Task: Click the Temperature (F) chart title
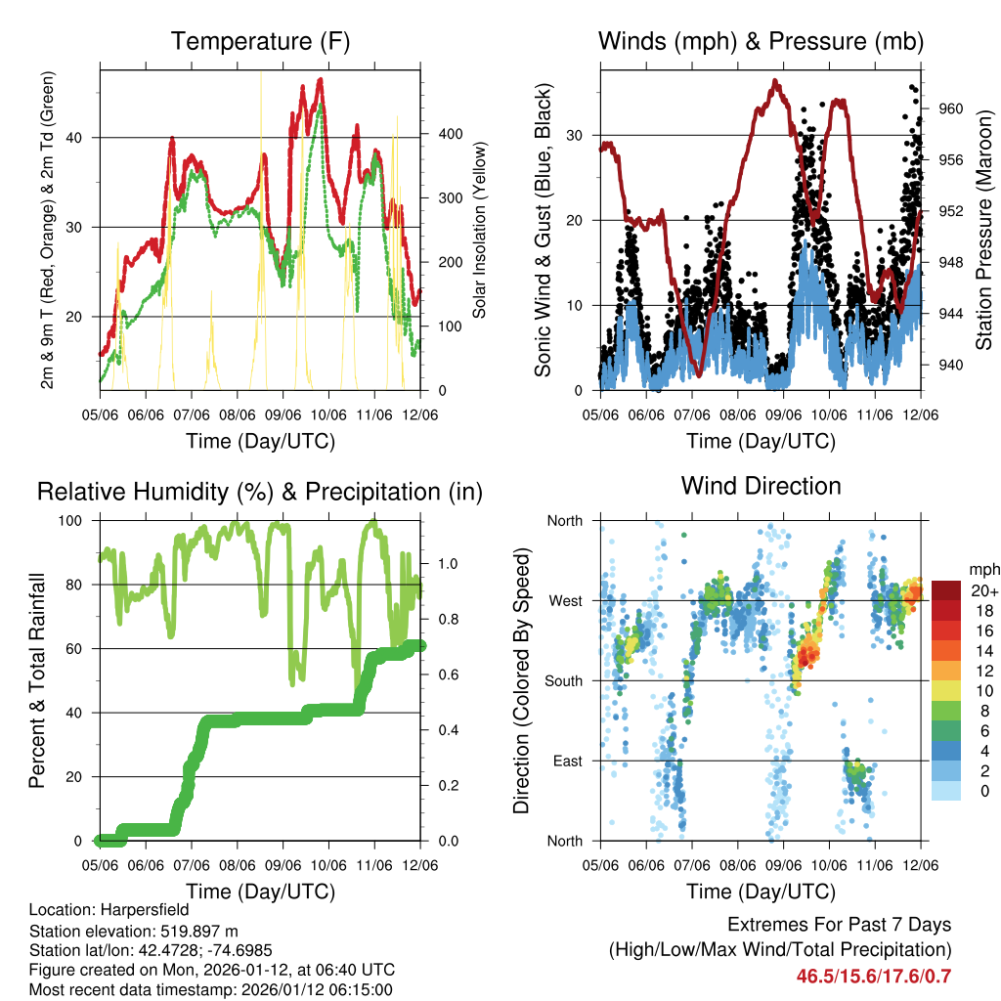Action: click(x=260, y=42)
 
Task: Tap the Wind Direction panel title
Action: click(x=761, y=486)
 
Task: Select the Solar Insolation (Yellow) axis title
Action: click(x=480, y=230)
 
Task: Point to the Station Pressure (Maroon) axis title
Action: click(x=983, y=230)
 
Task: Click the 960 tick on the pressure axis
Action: click(x=953, y=109)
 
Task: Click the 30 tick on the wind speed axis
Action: click(x=582, y=135)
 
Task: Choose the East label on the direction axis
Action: click(x=566, y=761)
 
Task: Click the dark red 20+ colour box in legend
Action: click(x=947, y=590)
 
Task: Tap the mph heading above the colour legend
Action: click(x=982, y=569)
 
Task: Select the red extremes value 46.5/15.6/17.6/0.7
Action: click(x=874, y=976)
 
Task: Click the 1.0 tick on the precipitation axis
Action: click(x=447, y=564)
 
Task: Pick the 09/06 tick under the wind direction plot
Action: click(x=784, y=866)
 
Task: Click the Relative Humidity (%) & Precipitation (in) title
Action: click(x=260, y=492)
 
